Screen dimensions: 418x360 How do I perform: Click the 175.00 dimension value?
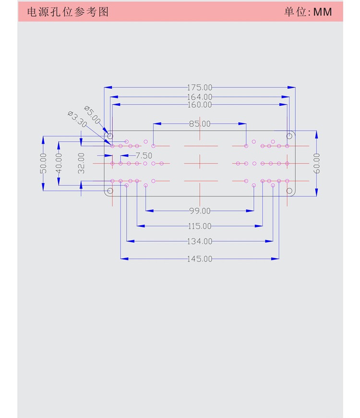pos(200,87)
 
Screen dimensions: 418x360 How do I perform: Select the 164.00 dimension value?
pos(200,97)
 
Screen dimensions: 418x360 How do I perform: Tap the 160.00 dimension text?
pos(200,104)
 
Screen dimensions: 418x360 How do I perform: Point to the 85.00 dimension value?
pos(200,123)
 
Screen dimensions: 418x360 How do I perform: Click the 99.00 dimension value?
pos(200,210)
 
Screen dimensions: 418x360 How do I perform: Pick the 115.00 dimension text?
pos(200,226)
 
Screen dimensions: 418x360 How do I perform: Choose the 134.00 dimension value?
pos(200,241)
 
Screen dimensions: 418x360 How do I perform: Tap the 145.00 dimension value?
pos(200,258)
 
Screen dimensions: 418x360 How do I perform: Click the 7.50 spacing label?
pos(144,156)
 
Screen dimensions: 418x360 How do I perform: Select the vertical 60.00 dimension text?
pos(317,163)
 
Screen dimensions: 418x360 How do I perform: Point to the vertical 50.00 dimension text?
pos(43,163)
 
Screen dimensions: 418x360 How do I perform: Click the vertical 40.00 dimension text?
pos(59,163)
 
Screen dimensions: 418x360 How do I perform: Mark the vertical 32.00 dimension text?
pos(81,163)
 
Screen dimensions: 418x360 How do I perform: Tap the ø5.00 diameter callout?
pos(92,114)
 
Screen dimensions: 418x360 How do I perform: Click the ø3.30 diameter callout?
pos(77,119)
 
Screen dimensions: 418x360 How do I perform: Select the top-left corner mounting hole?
pos(110,136)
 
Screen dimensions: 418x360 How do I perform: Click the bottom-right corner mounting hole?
pos(289,191)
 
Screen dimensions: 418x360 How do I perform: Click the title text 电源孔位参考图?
pos(68,12)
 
